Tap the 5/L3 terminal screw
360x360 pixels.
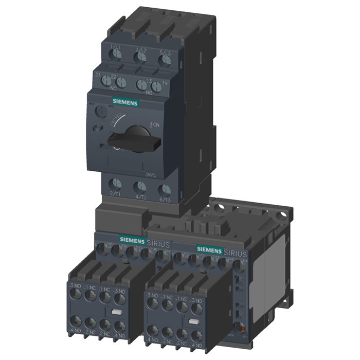(x=165, y=58)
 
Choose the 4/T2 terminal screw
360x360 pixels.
(x=140, y=187)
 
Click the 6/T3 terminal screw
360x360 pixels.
(x=164, y=189)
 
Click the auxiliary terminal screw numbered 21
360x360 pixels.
(x=107, y=81)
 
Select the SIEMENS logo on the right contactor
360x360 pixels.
(x=208, y=249)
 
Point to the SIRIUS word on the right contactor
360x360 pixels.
(x=235, y=254)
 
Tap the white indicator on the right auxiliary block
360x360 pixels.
(x=193, y=321)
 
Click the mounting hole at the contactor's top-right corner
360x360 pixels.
(x=282, y=211)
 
